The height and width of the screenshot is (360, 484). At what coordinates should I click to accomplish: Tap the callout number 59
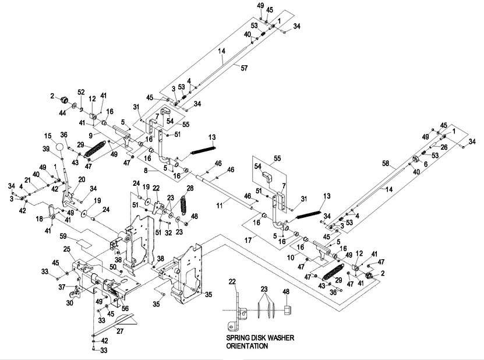pyautogui.click(x=79, y=237)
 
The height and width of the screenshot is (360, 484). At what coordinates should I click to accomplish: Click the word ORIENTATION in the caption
pyautogui.click(x=247, y=347)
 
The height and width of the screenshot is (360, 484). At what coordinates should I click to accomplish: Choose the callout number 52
pyautogui.click(x=82, y=93)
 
